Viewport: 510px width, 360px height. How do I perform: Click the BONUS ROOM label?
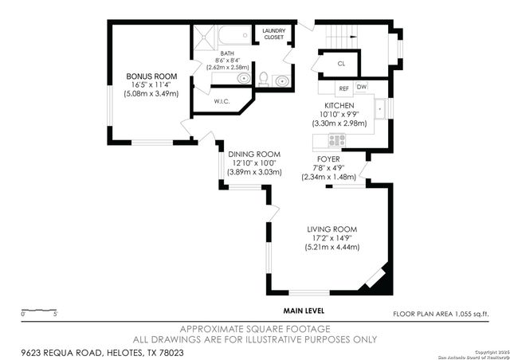144,77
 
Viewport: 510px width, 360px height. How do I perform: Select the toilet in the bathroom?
264,78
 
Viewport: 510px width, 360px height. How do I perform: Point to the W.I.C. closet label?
222,101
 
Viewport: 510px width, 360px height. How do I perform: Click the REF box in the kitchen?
343,88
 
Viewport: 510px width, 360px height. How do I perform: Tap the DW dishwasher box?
362,88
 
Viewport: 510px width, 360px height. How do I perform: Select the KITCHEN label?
338,106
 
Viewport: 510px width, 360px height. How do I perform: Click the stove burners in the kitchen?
335,139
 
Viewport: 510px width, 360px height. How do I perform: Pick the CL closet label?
340,63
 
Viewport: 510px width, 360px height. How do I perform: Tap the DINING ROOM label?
254,154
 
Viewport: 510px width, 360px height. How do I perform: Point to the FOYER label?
328,158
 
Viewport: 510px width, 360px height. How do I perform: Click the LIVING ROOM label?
332,229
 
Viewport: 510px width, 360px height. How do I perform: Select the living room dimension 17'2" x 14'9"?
332,238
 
